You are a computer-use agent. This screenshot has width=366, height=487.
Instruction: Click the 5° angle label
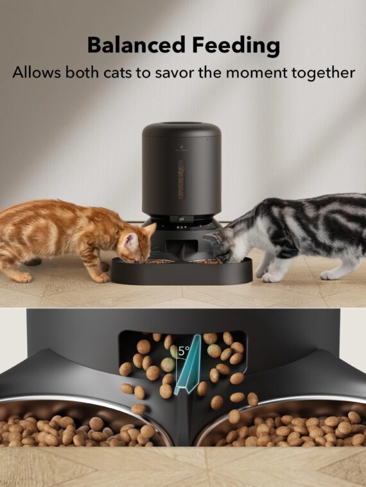tap(184, 351)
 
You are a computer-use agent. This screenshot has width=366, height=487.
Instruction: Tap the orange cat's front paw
tap(101, 277)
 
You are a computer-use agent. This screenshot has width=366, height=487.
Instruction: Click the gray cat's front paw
tap(272, 277)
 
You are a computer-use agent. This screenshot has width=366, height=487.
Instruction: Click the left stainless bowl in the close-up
tap(83, 426)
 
